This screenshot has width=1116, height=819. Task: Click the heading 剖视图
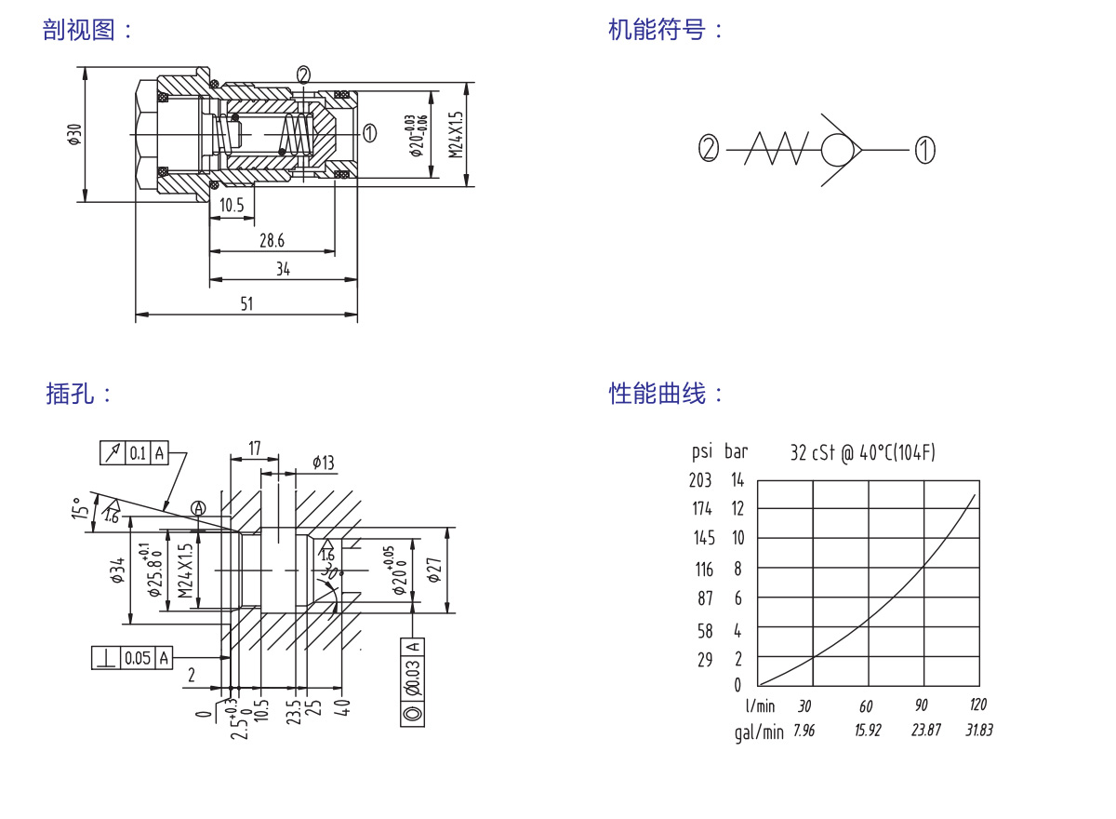[x=80, y=30]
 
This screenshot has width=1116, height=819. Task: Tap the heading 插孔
[x=71, y=393]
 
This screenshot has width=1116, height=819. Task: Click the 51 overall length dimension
[x=246, y=304]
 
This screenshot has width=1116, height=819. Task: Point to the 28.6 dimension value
[x=272, y=241]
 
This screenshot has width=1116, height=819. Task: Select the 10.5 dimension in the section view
[x=232, y=206]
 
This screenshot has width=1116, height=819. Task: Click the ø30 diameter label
[x=73, y=135]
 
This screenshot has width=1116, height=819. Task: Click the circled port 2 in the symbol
[x=710, y=149]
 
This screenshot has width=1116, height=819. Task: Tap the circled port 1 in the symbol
[x=924, y=149]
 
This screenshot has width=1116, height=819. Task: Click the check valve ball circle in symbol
[x=839, y=149]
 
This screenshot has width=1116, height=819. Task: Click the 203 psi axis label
[x=700, y=480]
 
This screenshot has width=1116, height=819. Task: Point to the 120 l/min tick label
[x=977, y=705]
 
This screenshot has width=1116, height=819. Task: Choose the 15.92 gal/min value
[x=868, y=731]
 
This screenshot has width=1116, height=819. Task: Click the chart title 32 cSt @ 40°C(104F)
[x=862, y=452]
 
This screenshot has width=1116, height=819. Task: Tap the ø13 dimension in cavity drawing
[x=324, y=463]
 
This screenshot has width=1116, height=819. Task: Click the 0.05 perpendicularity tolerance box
[x=138, y=658]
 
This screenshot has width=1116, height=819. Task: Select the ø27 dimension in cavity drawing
[x=433, y=571]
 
